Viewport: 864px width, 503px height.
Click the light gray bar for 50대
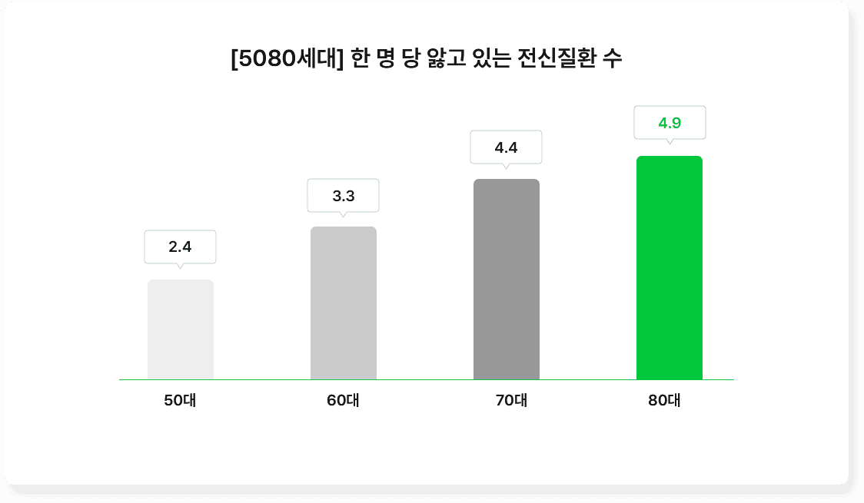(181, 329)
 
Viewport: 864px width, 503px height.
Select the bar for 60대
(344, 303)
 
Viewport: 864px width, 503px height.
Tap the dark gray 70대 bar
(507, 280)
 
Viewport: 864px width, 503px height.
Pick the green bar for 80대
(670, 268)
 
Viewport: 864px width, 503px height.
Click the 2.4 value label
(180, 247)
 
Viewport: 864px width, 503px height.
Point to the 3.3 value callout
(344, 196)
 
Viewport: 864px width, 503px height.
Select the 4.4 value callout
(506, 147)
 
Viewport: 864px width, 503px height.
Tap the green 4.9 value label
(670, 122)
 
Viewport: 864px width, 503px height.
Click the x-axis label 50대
(180, 400)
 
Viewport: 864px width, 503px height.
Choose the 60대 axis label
(343, 400)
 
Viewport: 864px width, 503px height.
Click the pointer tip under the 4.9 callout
(670, 143)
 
